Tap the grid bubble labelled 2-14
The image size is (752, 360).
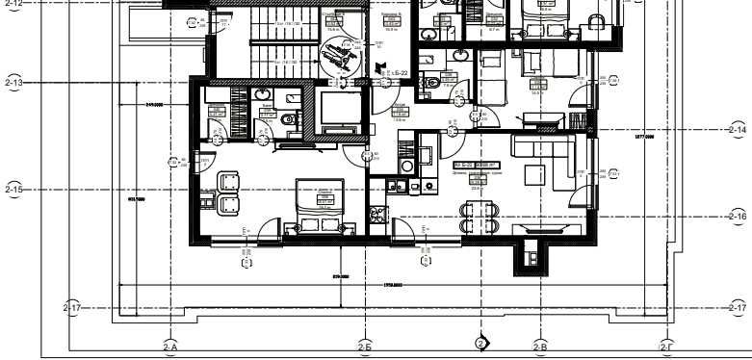click(738, 129)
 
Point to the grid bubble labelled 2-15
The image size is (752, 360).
click(13, 190)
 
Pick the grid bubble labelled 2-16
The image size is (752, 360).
click(738, 217)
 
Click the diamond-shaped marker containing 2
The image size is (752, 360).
click(481, 343)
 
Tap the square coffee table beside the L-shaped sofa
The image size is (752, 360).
click(535, 175)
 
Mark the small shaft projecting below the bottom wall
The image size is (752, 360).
click(529, 256)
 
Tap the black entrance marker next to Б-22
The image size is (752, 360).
click(380, 69)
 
